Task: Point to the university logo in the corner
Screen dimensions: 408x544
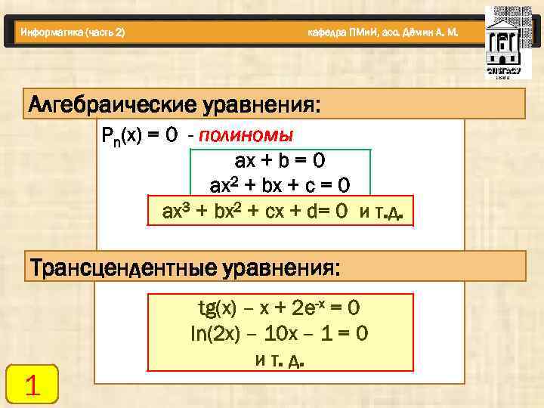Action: (502, 42)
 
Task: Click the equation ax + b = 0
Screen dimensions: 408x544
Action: (280, 161)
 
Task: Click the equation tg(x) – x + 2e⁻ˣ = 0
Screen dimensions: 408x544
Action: (278, 308)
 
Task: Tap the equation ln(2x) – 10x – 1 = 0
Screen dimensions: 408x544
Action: (279, 333)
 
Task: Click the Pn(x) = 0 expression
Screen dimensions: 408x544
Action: (139, 135)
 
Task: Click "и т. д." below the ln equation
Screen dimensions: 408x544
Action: (280, 360)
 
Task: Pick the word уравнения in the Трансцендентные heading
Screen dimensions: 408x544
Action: (291, 267)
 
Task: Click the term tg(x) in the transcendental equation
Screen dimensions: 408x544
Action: (215, 308)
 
